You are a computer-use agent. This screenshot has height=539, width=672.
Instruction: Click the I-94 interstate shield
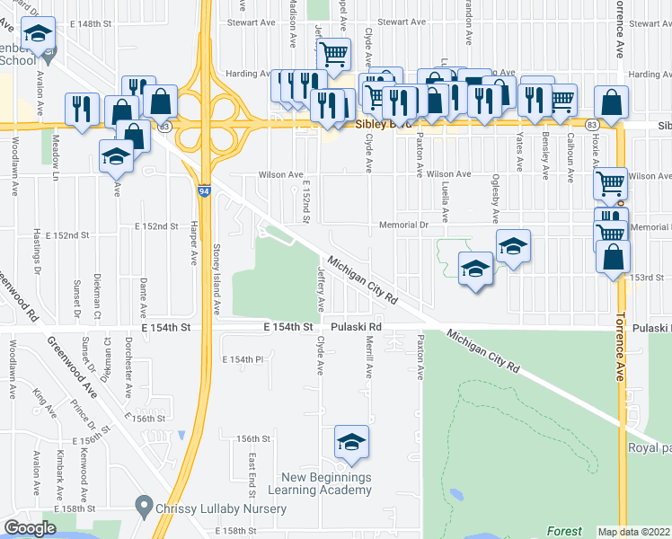(206, 190)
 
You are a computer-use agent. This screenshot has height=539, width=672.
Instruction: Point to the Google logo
(30, 528)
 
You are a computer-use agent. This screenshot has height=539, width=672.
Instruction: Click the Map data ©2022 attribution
(634, 532)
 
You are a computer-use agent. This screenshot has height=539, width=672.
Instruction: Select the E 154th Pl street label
(242, 359)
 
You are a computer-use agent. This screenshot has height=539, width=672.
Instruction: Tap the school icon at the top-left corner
(38, 34)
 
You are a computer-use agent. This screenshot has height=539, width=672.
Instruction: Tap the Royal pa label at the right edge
(649, 447)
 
